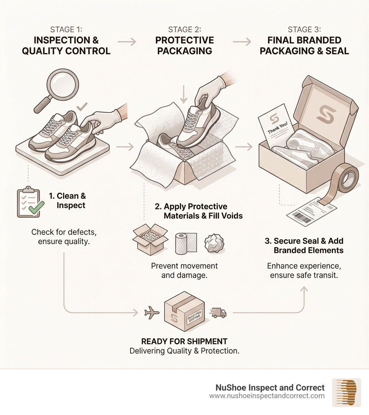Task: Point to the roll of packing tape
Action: click(x=346, y=178)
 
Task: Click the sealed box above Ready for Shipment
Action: click(x=184, y=311)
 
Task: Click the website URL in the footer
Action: click(x=267, y=396)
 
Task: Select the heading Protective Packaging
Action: click(x=184, y=45)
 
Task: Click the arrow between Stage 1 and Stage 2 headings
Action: click(x=127, y=42)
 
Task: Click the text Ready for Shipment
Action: click(x=184, y=341)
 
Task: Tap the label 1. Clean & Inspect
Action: click(x=67, y=201)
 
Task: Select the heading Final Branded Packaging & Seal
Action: click(x=304, y=45)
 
